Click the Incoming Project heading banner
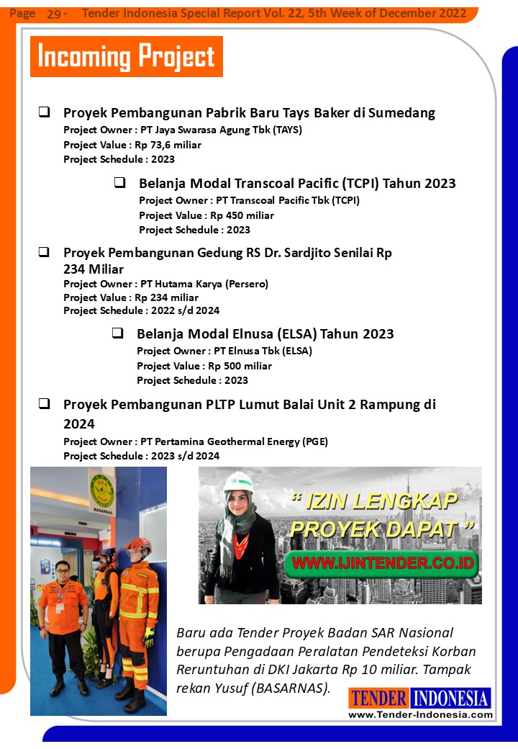click(x=126, y=56)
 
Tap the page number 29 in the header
click(x=54, y=14)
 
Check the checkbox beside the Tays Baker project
click(x=44, y=112)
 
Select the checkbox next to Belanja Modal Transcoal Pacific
click(x=119, y=183)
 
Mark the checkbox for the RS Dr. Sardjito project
click(x=44, y=253)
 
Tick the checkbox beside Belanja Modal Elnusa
click(x=117, y=333)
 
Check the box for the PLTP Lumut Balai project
click(x=44, y=404)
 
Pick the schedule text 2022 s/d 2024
click(x=185, y=310)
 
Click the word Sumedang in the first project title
click(x=402, y=113)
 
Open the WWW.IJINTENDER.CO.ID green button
click(x=382, y=562)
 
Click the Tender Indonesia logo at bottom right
click(x=420, y=703)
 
